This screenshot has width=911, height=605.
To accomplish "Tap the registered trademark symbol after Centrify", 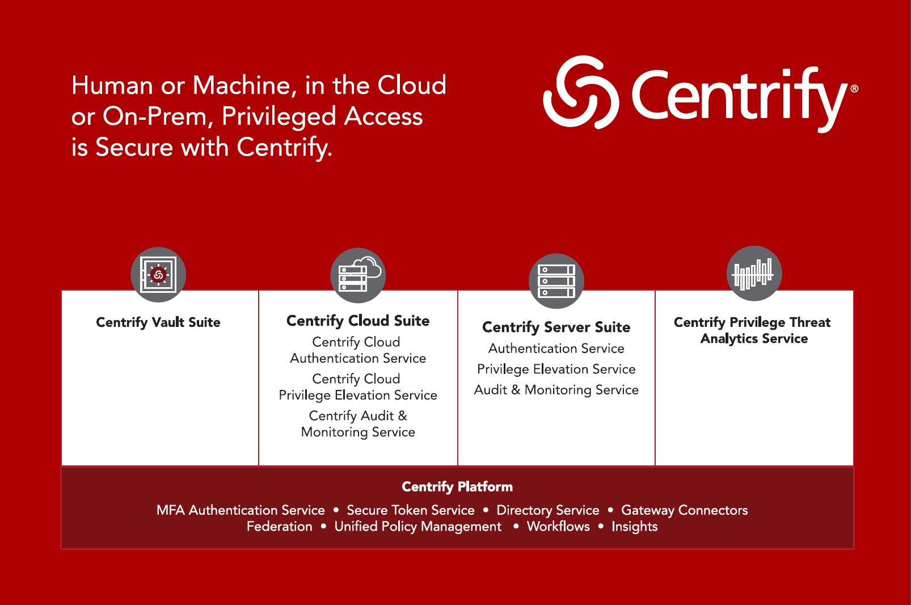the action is coord(854,89).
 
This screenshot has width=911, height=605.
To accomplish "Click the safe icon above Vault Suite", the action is coord(158,275).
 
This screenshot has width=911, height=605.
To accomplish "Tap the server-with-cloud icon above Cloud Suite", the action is coord(358,275).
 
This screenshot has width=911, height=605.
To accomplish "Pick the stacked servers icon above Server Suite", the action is coord(556,281).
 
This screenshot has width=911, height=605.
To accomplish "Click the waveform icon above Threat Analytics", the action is coord(754,274).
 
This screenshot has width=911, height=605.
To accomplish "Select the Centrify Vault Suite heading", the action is coord(158,322).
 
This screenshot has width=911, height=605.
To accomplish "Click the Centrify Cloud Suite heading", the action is coord(358,321).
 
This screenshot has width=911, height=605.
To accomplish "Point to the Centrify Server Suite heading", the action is coord(556,327).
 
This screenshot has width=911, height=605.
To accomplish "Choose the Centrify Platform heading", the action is coord(457,486).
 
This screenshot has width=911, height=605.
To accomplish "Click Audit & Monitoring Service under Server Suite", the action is coord(556,390).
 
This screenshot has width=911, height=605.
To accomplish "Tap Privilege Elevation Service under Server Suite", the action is coord(556,369).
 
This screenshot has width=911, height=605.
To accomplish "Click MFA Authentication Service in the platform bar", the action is coord(241,510).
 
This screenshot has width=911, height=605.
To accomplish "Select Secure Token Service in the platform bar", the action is coord(411,510).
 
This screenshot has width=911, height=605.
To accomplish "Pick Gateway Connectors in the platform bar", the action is coord(685,510).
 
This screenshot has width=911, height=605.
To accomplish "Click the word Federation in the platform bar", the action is coord(280,527).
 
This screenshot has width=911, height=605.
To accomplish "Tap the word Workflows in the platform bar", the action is coord(558,527).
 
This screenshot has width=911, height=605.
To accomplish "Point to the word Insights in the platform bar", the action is coord(634,527).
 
